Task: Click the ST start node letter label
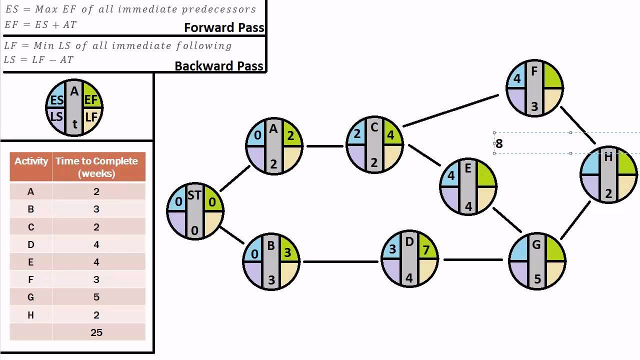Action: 194,196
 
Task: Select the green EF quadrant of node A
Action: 291,135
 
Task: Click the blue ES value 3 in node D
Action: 392,249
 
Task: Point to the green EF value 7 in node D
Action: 426,249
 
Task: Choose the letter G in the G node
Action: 536,245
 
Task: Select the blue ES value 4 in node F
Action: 517,78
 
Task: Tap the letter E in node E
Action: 468,168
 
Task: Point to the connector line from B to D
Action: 340,261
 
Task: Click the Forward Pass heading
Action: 223,27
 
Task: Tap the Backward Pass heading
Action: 218,66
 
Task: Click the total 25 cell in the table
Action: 96,332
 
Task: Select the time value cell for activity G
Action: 96,297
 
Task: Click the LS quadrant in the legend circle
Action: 56,117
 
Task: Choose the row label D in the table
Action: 31,244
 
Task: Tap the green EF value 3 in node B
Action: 287,252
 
